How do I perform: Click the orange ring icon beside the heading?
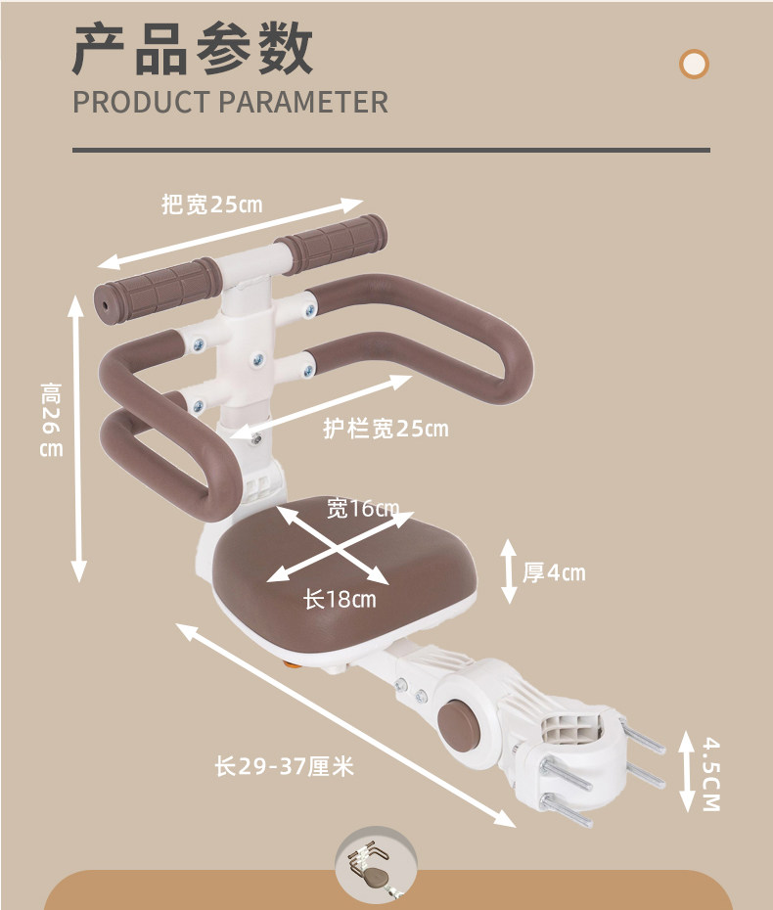pyautogui.click(x=694, y=65)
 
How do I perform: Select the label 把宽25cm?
pyautogui.click(x=212, y=205)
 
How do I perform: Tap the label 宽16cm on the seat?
pyautogui.click(x=363, y=508)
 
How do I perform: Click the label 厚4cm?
pyautogui.click(x=554, y=572)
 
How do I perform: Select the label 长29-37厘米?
pyautogui.click(x=284, y=767)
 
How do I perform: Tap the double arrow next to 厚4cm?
pyautogui.click(x=509, y=570)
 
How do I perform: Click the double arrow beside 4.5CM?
pyautogui.click(x=686, y=773)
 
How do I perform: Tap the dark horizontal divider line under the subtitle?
pyautogui.click(x=390, y=151)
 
